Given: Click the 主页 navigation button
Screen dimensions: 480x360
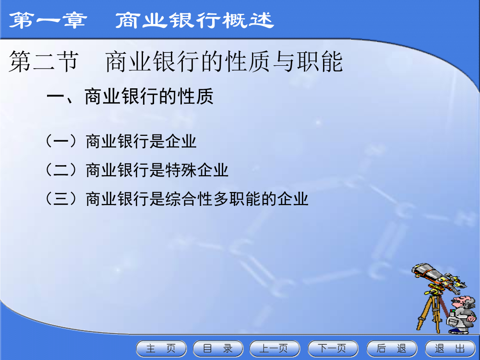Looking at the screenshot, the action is (161, 348).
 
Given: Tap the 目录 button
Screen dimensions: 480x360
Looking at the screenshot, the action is (218, 348).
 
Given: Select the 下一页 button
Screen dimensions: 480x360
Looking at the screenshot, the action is (333, 348).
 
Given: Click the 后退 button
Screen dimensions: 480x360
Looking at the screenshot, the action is (392, 348).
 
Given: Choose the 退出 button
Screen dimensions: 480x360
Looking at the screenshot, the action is (450, 348).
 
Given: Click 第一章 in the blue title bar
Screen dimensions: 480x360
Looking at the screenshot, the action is (48, 21).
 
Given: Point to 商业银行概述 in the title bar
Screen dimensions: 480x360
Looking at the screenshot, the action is (195, 21).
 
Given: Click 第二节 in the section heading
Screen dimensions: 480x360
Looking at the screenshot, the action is (44, 62).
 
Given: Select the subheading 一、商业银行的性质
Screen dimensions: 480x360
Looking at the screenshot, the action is (130, 97).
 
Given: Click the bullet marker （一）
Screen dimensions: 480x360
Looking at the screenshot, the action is (61, 142).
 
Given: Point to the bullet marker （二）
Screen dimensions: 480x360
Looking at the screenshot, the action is (61, 170).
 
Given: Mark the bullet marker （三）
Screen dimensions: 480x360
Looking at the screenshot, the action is (61, 199).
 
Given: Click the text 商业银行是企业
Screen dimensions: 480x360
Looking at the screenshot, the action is (141, 142).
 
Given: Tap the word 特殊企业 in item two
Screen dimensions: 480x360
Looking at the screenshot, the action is (197, 170).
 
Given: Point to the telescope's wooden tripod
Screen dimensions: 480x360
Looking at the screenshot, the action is (431, 312).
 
